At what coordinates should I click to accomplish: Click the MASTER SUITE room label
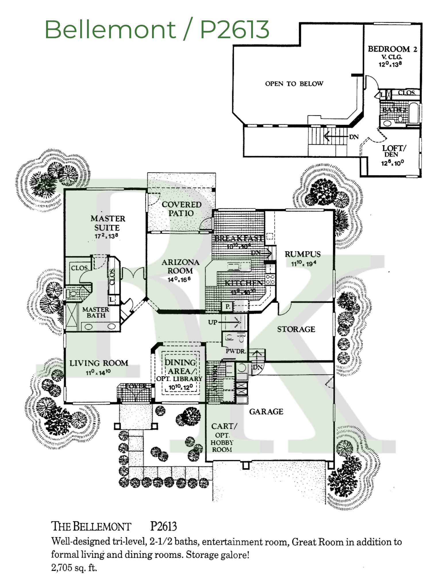click(x=107, y=223)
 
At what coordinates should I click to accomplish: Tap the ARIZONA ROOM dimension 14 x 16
click(x=179, y=279)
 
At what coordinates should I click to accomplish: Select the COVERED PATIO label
click(x=181, y=209)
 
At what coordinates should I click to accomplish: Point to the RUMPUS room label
click(x=302, y=254)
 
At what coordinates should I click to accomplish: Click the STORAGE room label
click(x=296, y=329)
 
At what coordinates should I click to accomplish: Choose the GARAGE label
click(x=266, y=412)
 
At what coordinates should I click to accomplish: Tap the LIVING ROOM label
click(x=99, y=363)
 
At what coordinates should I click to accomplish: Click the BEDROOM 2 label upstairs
click(x=392, y=49)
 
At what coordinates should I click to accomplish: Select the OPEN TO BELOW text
click(x=294, y=84)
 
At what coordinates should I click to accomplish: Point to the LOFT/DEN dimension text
click(x=392, y=163)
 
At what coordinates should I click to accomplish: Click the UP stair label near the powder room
click(x=213, y=322)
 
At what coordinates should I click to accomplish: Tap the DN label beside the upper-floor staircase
click(x=354, y=137)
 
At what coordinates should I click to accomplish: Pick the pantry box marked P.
click(x=228, y=306)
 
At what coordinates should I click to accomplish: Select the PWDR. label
click(x=236, y=351)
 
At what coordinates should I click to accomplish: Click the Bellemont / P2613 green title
click(x=157, y=29)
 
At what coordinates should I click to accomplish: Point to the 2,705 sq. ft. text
click(x=74, y=567)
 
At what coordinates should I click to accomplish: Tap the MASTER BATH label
click(x=96, y=313)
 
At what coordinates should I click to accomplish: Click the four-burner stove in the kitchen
click(x=270, y=280)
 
